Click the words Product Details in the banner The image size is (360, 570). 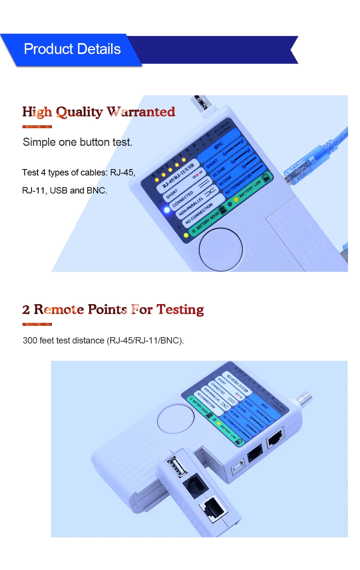[x=72, y=49]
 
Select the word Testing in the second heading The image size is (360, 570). [x=180, y=309]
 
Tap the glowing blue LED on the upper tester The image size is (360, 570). [x=167, y=210]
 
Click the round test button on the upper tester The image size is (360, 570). [x=220, y=249]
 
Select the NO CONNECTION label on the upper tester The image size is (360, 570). [x=199, y=213]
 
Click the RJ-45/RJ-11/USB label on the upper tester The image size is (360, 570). [x=178, y=175]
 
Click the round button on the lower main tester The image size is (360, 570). [x=176, y=419]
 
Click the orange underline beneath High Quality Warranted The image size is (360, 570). [x=37, y=127]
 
